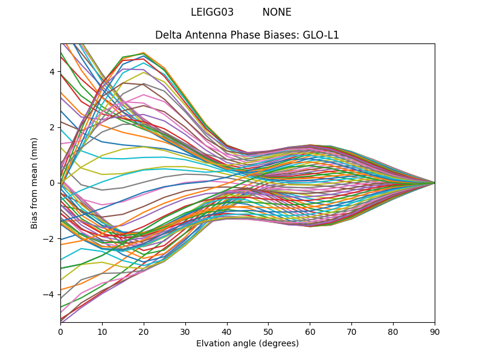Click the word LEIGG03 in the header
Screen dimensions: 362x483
point(212,12)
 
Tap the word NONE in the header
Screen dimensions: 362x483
point(277,12)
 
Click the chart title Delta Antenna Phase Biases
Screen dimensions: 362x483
point(227,35)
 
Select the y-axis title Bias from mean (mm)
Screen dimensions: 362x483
point(35,183)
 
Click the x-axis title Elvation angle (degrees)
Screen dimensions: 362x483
point(248,344)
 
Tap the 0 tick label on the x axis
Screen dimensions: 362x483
point(60,331)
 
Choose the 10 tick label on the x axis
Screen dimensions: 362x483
point(102,331)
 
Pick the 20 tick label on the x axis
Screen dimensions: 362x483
point(144,331)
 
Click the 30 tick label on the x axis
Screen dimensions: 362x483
point(185,331)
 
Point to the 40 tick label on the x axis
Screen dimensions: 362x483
point(227,331)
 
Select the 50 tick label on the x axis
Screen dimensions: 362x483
point(268,331)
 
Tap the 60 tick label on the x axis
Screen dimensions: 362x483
point(310,331)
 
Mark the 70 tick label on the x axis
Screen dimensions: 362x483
point(351,331)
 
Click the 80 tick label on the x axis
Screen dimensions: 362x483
point(393,331)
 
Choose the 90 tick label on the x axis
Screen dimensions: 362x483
point(435,331)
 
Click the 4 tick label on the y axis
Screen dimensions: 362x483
point(52,72)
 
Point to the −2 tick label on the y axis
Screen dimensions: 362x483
point(50,239)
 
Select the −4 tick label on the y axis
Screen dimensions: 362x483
point(50,294)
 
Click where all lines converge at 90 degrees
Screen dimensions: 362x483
point(434,183)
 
